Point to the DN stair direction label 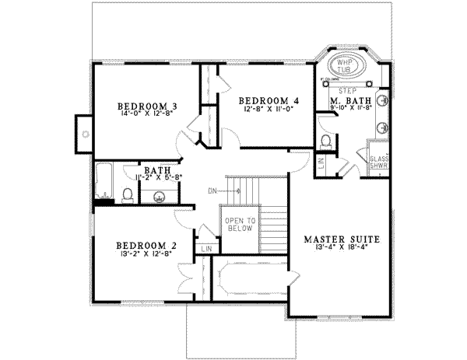pos(212,189)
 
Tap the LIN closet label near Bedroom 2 pos(207,248)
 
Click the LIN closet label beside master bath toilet pos(321,163)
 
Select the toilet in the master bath pos(328,141)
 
